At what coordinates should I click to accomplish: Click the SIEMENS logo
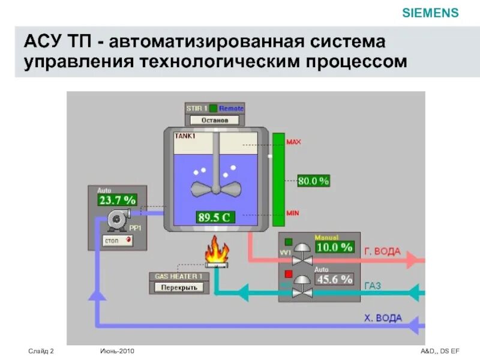[430, 13]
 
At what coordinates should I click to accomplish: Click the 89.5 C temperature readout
[215, 218]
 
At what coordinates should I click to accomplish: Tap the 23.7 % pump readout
[118, 200]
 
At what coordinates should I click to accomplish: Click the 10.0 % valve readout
[334, 247]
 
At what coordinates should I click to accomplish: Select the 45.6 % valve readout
[334, 279]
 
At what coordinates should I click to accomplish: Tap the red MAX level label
[294, 142]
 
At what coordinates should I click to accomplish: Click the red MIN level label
[293, 213]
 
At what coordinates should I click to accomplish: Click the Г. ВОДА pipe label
[382, 251]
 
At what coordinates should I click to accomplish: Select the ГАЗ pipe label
[372, 286]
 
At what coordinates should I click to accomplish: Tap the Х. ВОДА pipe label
[383, 318]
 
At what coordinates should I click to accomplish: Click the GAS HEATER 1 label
[179, 277]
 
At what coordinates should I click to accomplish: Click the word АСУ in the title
[44, 43]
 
